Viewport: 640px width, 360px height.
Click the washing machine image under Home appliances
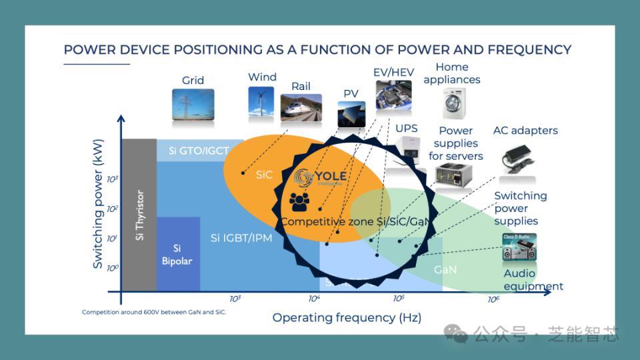click(x=454, y=103)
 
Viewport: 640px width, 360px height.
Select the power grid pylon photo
click(x=193, y=105)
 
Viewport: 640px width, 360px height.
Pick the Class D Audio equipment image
click(x=519, y=247)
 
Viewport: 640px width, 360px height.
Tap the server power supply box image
click(x=455, y=175)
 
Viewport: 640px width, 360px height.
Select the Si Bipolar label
click(x=177, y=255)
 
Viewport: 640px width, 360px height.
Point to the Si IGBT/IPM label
click(x=241, y=237)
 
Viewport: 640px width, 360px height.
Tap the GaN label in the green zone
click(x=445, y=270)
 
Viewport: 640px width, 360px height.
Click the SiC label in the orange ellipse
click(x=264, y=174)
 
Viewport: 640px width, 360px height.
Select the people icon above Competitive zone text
click(x=299, y=199)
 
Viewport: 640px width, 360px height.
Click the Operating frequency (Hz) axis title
click(x=347, y=317)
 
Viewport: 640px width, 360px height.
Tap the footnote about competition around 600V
click(x=154, y=312)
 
